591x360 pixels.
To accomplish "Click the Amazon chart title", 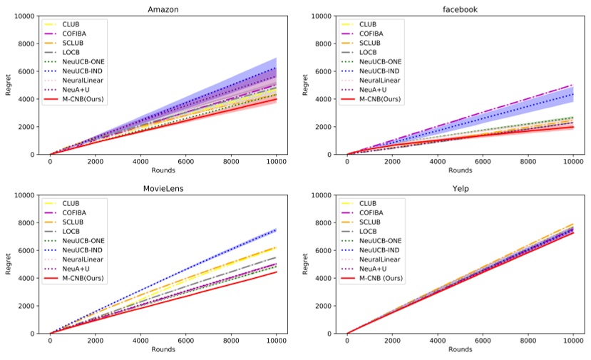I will pos(163,9).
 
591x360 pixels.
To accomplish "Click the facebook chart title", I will pos(459,9).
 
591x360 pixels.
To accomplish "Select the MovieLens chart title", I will pos(163,187).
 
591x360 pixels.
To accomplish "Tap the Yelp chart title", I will pos(459,187).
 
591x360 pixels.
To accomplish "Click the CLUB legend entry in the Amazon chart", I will pos(71,24).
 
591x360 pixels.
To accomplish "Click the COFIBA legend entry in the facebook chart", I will pos(372,34).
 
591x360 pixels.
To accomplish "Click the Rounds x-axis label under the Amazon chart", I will pos(163,171).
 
